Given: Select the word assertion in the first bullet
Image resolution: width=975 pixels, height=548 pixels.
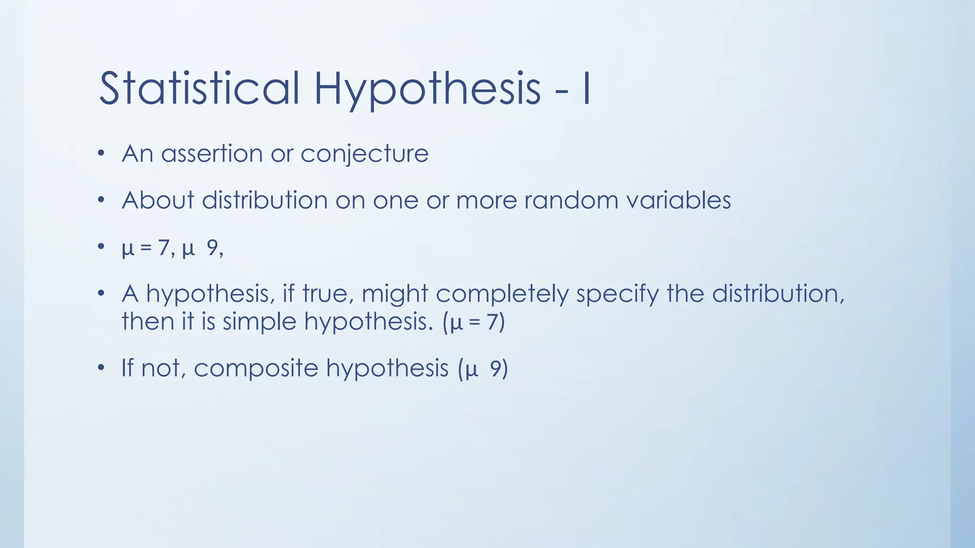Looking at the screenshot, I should click(x=212, y=154).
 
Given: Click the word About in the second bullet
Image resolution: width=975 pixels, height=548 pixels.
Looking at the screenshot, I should click(x=158, y=200).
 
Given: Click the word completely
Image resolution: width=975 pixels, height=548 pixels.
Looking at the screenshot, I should click(x=502, y=294).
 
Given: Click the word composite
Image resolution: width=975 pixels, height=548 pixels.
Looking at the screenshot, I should click(x=256, y=369).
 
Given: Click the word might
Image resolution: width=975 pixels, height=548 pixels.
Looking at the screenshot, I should click(x=395, y=294).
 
